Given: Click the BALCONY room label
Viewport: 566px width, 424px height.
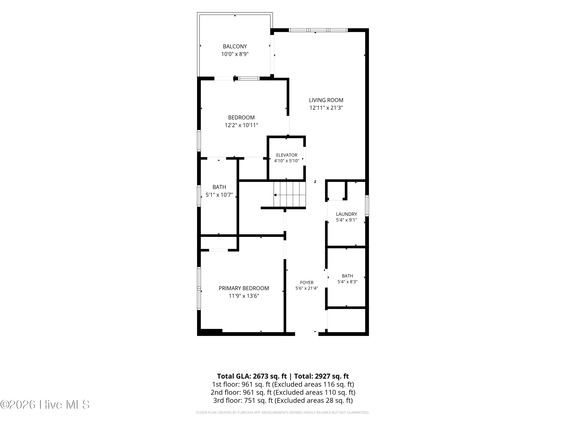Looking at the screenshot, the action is point(235,47).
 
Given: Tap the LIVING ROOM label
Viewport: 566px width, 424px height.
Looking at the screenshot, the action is point(326,100).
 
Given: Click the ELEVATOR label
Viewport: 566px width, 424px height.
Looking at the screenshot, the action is point(287,155).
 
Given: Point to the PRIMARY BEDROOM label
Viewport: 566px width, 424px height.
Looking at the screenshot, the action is point(244,288).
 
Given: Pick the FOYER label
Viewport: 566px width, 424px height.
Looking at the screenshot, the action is point(307,282).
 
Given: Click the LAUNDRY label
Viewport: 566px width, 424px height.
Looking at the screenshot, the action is point(346,214).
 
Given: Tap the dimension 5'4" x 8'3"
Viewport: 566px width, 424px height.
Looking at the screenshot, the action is point(348,282).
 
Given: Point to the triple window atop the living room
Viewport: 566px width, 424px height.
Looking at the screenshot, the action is point(318,30).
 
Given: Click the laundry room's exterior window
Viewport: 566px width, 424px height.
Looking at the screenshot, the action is point(367,206).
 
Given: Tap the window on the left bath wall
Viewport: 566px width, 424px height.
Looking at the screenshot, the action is point(199,196).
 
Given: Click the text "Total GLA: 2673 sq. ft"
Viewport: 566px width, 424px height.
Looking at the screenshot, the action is point(252,376).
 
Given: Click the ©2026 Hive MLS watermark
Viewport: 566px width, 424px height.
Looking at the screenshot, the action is point(45,405).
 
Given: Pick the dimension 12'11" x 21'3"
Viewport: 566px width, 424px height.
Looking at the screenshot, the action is point(326,108).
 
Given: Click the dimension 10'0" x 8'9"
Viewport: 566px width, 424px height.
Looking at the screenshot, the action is point(235,54).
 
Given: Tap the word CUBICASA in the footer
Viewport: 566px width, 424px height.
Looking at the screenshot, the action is point(245,413).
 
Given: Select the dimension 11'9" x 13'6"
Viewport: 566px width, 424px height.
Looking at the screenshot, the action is point(244,296).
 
